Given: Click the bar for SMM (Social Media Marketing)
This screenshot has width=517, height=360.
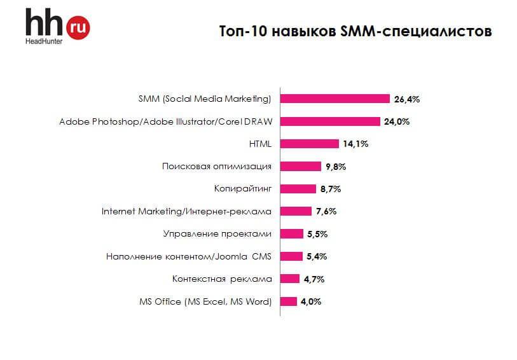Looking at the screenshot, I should tap(334, 99).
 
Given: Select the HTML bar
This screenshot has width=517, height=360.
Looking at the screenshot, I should tap(310, 144).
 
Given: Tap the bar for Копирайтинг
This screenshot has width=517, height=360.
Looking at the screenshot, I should tap(298, 188).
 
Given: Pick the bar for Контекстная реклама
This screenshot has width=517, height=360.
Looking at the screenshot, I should tap(290, 279).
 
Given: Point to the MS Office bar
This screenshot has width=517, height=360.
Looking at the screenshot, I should tap(289, 301).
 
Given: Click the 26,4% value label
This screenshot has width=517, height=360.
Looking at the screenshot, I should tap(407, 99).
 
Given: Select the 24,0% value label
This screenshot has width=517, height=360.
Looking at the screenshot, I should tap(397, 121).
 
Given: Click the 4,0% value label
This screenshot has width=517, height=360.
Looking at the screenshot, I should tap(310, 301).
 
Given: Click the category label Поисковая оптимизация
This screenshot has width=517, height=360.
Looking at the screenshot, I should tap(217, 166).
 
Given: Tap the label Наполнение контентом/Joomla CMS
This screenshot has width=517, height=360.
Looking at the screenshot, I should tap(189, 256).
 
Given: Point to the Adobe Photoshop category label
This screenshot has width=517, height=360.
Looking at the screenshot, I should tap(165, 121).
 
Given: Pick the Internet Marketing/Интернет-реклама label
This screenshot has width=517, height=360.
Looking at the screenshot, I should tap(187, 211).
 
